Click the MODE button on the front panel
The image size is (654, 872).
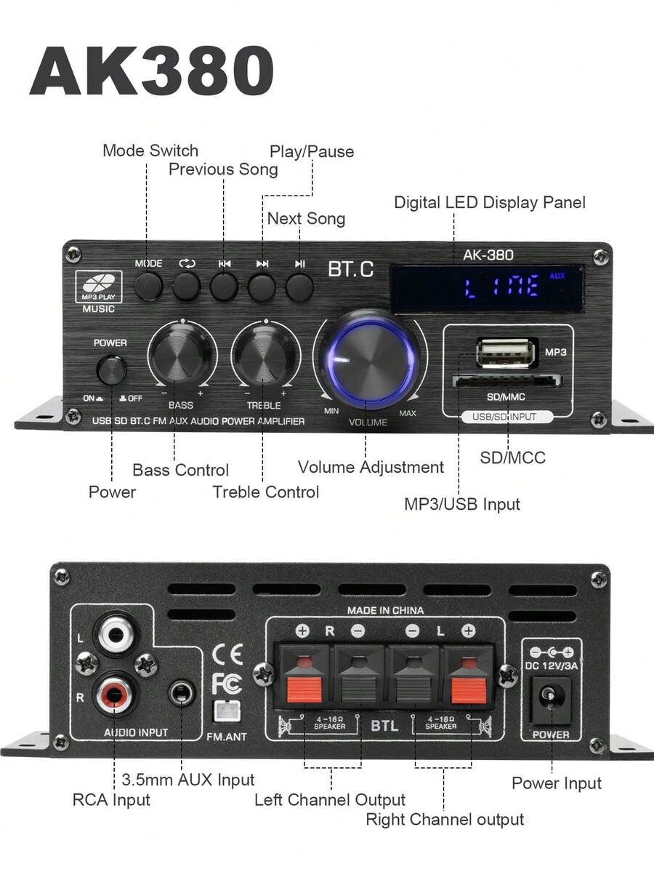point(148,286)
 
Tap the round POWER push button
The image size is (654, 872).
point(111,370)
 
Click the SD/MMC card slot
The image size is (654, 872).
point(506,382)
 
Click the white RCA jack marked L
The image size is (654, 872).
point(115,632)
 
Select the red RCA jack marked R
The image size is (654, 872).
point(115,693)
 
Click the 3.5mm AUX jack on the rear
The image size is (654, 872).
point(181,693)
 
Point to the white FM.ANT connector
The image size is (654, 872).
point(227,711)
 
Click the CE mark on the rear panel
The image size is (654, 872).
point(228,654)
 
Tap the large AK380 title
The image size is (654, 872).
point(152,71)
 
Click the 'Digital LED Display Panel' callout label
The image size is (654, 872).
point(490,202)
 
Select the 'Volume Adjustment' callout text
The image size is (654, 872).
point(371,467)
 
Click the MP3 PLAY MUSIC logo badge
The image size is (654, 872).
point(99,292)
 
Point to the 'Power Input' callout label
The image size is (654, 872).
point(556,783)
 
